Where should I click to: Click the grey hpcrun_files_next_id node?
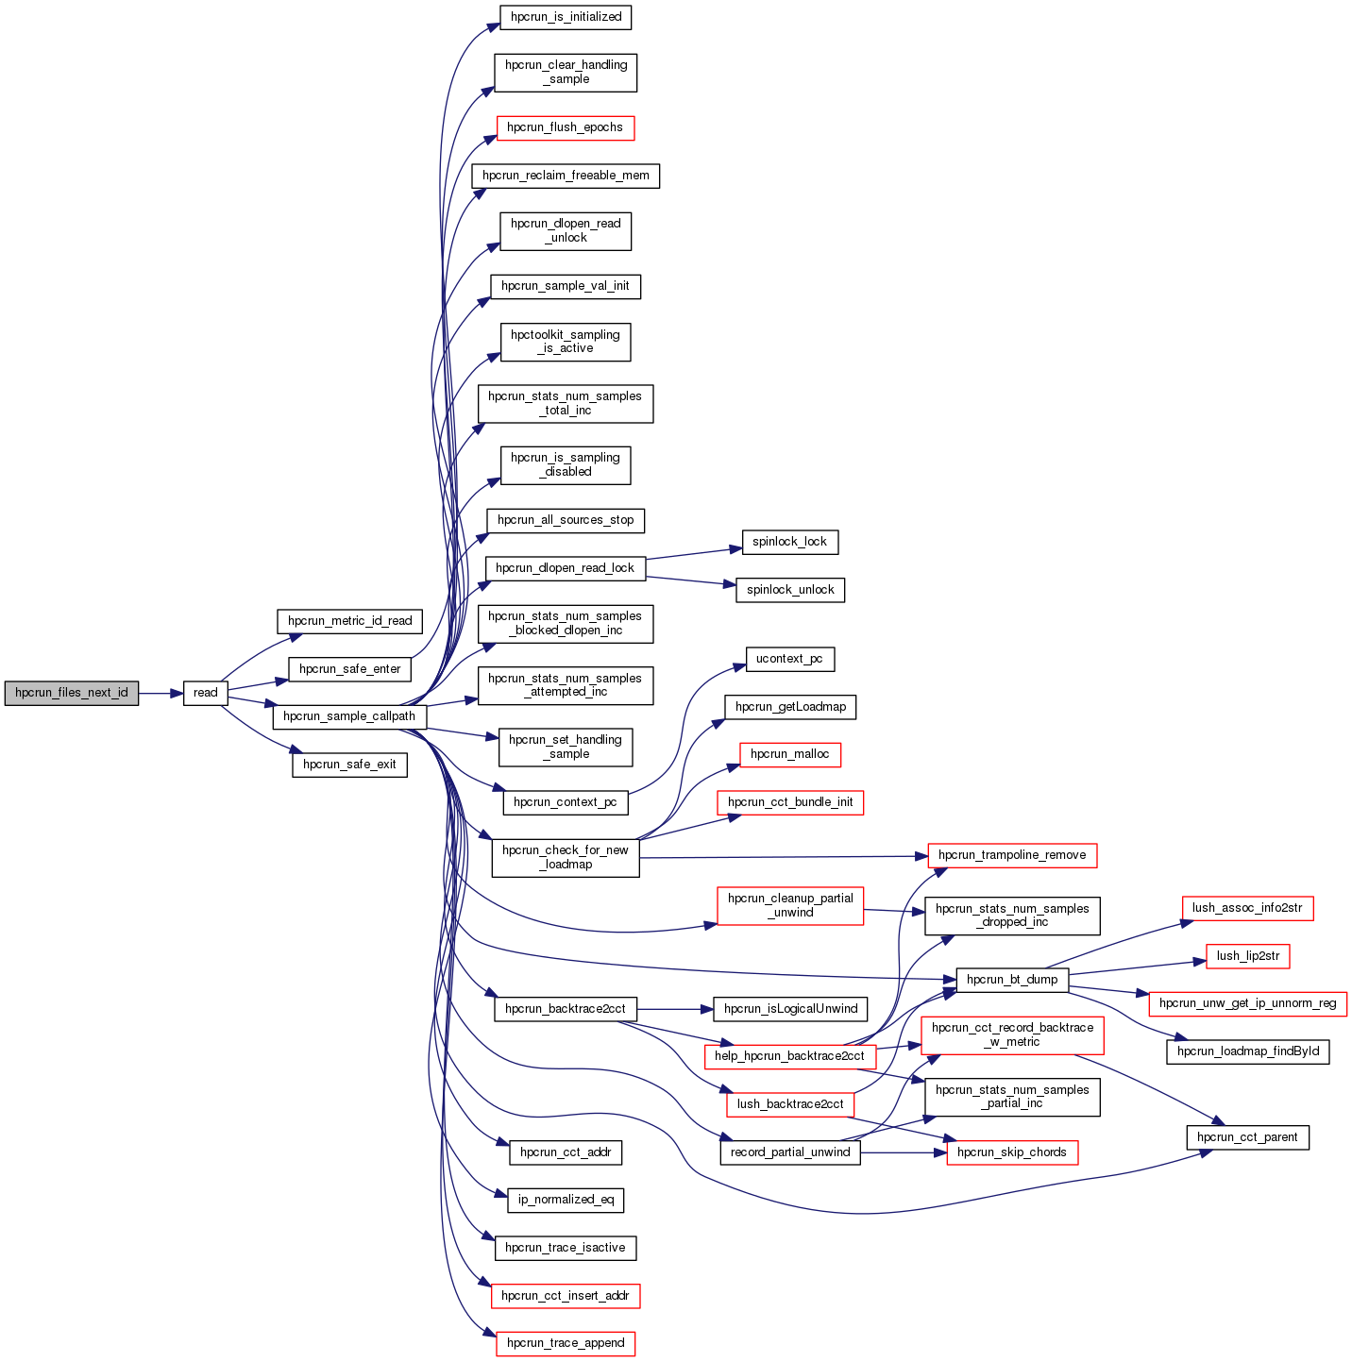point(72,693)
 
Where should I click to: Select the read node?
point(205,693)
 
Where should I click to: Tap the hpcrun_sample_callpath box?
point(349,716)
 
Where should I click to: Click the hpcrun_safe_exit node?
point(349,765)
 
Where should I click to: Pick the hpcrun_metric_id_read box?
point(349,621)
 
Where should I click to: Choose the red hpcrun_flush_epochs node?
point(565,127)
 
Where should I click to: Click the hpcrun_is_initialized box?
point(566,17)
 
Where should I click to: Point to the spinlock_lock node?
point(789,542)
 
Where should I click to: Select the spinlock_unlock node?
point(790,590)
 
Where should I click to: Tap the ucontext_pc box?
point(789,659)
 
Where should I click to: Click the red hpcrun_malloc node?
point(789,754)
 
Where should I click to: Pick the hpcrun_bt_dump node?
point(1012,980)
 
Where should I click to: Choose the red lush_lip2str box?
point(1247,956)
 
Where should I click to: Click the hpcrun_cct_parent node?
point(1247,1137)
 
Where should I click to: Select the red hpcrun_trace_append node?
point(566,1343)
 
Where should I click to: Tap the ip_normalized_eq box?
point(566,1200)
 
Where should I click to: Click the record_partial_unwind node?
point(790,1152)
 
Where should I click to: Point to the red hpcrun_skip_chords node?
point(1012,1152)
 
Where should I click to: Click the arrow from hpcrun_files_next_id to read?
point(161,693)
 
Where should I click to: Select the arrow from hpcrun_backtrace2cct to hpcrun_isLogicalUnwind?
point(674,1009)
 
